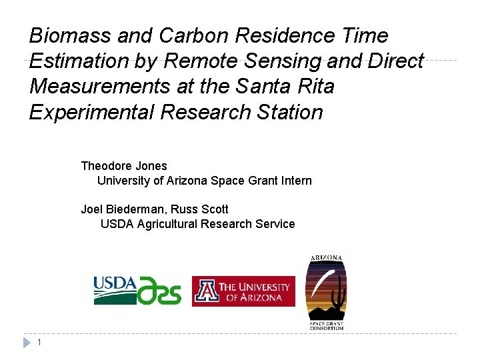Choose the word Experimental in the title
(91, 112)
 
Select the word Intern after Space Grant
(296, 181)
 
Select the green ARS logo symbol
(159, 291)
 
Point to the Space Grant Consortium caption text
(327, 325)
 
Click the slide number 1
(41, 343)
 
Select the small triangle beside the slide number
(27, 343)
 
